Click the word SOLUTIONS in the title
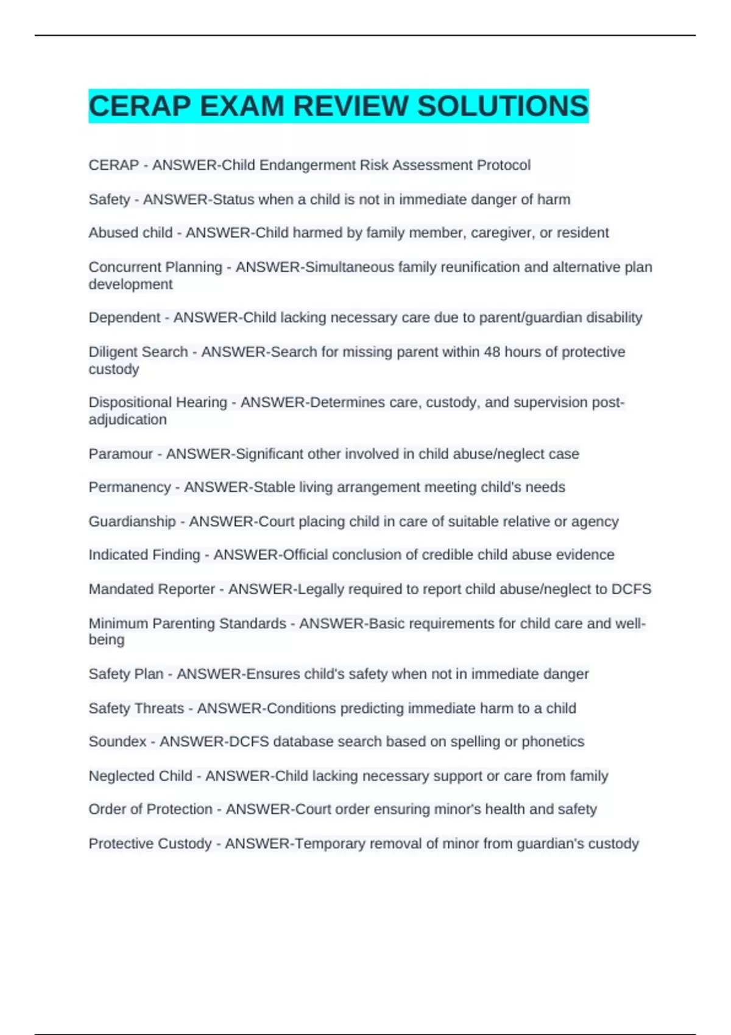click(x=503, y=106)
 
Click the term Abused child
click(x=130, y=233)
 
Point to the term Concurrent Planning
click(x=155, y=267)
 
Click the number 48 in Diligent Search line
click(x=492, y=352)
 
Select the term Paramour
click(x=121, y=454)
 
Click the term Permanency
click(x=130, y=487)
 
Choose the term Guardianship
click(x=132, y=521)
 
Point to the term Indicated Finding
click(x=144, y=555)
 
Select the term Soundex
click(x=118, y=742)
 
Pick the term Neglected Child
click(x=140, y=776)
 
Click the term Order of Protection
click(x=150, y=809)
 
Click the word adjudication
click(x=127, y=419)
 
